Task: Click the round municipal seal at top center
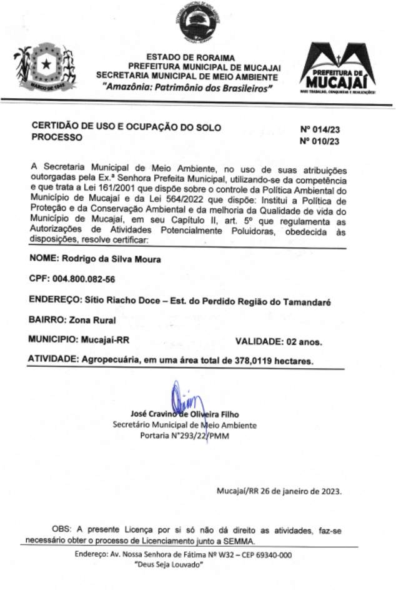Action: (x=197, y=24)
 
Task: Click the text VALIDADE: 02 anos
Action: (x=278, y=341)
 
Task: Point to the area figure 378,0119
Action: (x=253, y=361)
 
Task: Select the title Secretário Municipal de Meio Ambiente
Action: (x=184, y=425)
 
